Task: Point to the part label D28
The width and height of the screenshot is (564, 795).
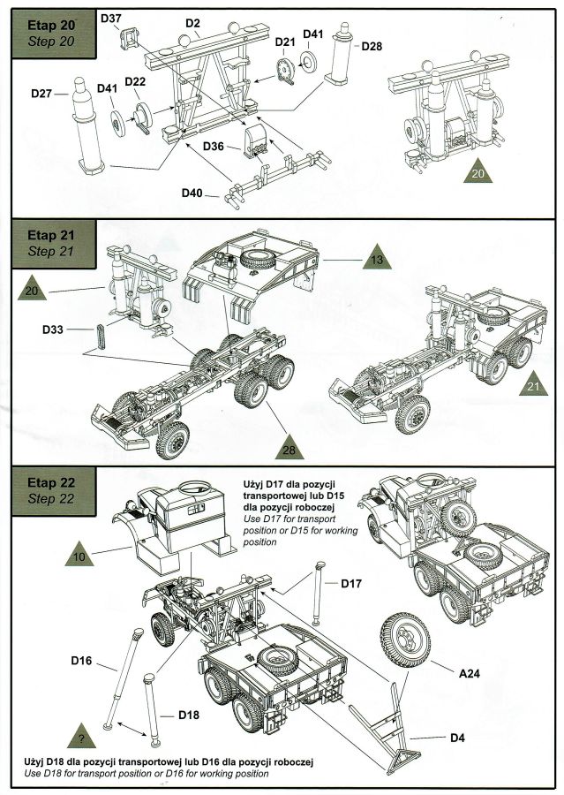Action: pos(371,45)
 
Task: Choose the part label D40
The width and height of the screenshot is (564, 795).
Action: pos(193,192)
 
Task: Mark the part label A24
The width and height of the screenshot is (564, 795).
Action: pos(470,672)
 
